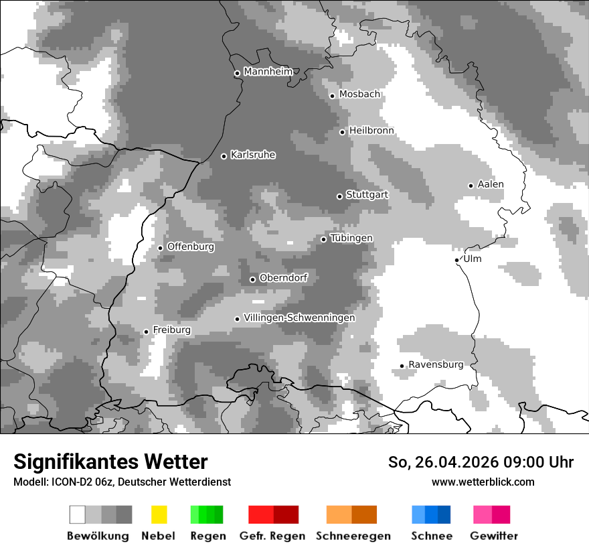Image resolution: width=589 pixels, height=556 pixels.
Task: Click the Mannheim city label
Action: pyautogui.click(x=268, y=72)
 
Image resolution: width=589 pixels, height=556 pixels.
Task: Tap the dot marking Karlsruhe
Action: pyautogui.click(x=224, y=156)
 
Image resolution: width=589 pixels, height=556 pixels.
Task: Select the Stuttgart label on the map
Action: pyautogui.click(x=367, y=195)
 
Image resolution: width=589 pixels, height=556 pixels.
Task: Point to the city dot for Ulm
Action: pyautogui.click(x=457, y=260)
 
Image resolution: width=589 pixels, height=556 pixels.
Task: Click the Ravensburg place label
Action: pyautogui.click(x=436, y=364)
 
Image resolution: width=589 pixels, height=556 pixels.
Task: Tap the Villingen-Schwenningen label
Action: pyautogui.click(x=299, y=318)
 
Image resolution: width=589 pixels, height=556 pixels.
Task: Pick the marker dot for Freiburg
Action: pyautogui.click(x=147, y=332)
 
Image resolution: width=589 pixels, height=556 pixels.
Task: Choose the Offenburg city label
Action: pyautogui.click(x=191, y=247)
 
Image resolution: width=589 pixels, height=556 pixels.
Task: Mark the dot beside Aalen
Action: pyautogui.click(x=471, y=186)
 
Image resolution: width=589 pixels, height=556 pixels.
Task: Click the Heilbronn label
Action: pyautogui.click(x=371, y=131)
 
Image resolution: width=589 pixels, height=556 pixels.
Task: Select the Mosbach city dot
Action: pyautogui.click(x=333, y=96)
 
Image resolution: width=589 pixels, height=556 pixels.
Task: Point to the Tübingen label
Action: pyautogui.click(x=351, y=238)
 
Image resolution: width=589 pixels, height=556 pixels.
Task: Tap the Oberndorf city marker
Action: pyautogui.click(x=253, y=279)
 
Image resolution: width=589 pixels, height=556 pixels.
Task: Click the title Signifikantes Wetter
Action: pyautogui.click(x=110, y=462)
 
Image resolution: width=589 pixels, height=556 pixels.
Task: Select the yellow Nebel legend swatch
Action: pyautogui.click(x=159, y=514)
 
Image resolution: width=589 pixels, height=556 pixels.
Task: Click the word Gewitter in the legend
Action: pyautogui.click(x=494, y=536)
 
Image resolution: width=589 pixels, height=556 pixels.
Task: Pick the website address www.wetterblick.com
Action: pyautogui.click(x=483, y=482)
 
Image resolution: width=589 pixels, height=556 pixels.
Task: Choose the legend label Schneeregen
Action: pyautogui.click(x=353, y=536)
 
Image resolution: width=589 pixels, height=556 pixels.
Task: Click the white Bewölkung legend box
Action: pyautogui.click(x=78, y=514)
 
